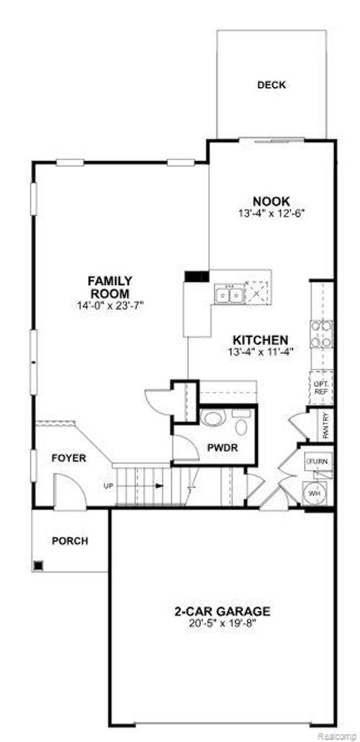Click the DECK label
271,85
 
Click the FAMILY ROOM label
109,286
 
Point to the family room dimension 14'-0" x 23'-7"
109,305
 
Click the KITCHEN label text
260,340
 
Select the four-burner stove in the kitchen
321,334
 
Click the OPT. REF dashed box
321,388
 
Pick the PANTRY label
325,425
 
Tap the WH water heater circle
315,494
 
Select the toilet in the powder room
212,419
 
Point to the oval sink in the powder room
240,426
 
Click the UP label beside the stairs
109,486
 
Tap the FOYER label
69,458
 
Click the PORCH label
70,540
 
